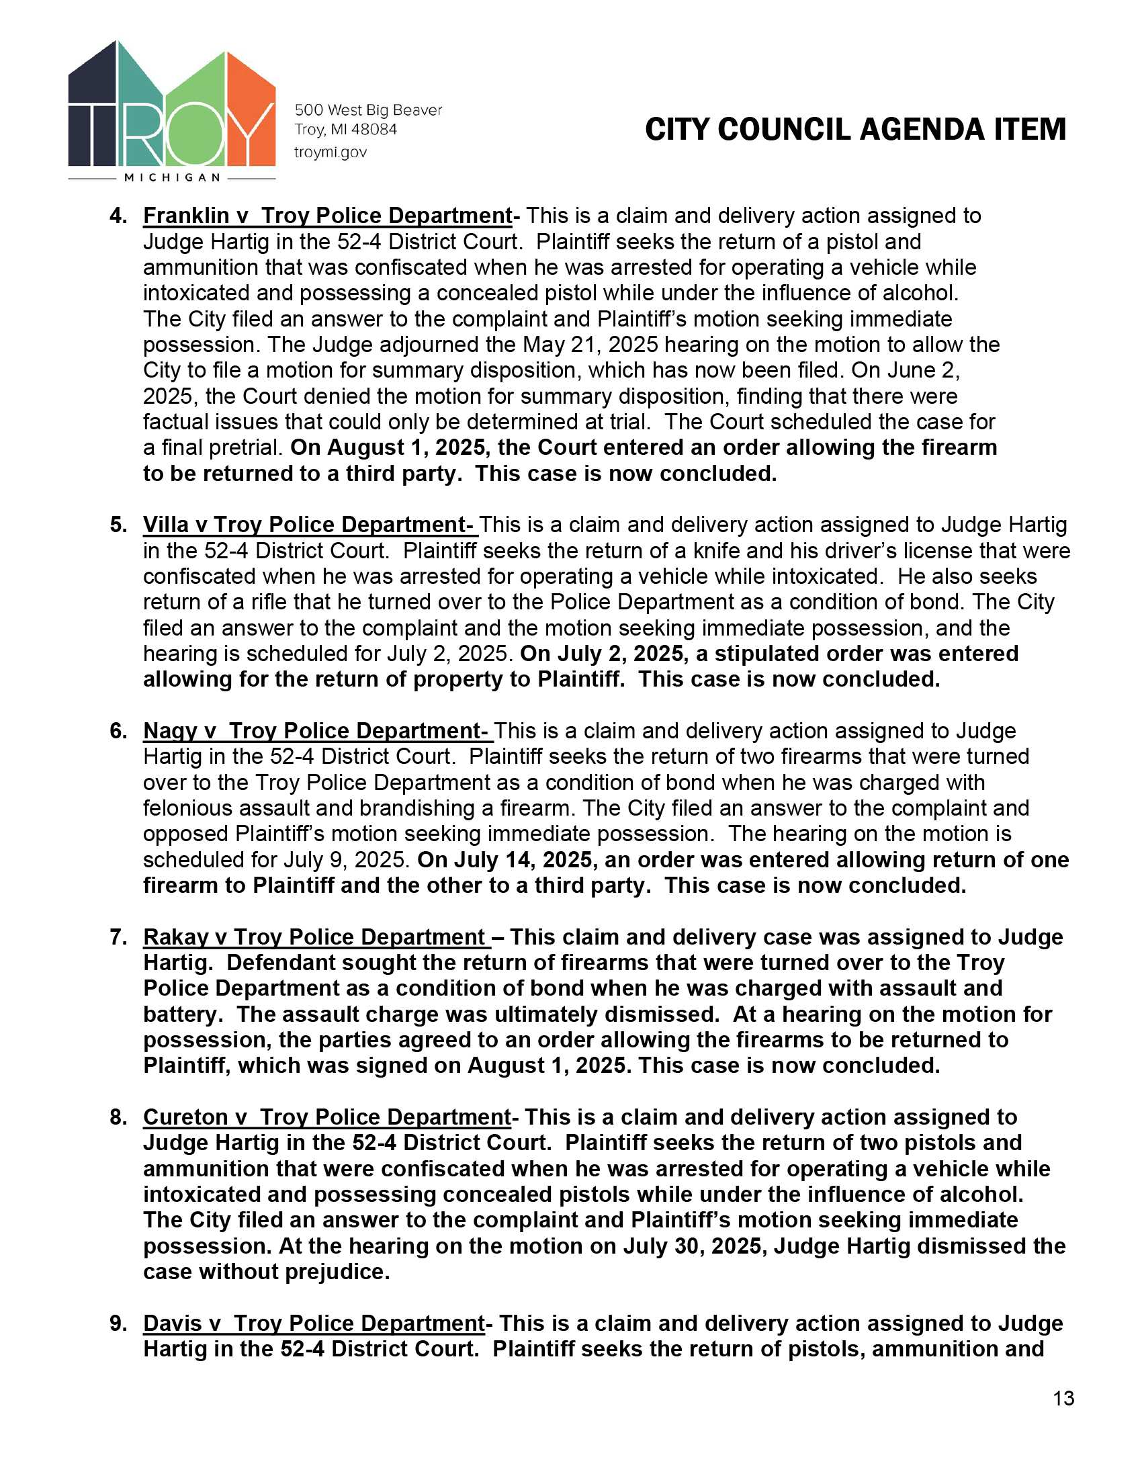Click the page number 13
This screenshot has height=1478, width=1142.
tap(1063, 1398)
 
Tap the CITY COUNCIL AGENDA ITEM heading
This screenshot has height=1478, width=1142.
tap(855, 129)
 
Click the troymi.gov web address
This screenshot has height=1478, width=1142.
tap(330, 153)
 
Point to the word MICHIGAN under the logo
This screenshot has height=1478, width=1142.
tap(173, 178)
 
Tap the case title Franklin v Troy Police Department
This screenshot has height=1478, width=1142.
tap(327, 216)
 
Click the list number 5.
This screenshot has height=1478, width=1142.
tap(118, 525)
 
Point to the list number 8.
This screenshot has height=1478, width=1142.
tap(118, 1117)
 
